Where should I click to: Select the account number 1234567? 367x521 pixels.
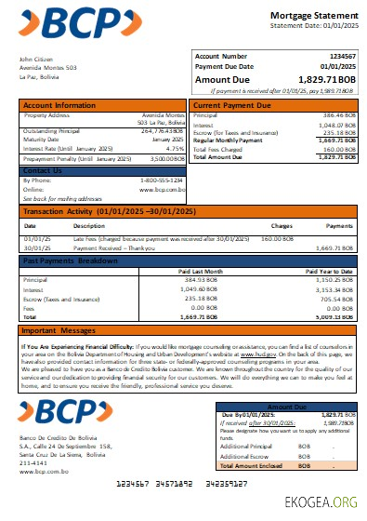point(330,57)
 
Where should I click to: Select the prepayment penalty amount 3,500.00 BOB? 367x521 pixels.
point(161,159)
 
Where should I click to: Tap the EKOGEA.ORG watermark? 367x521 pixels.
point(329,503)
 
